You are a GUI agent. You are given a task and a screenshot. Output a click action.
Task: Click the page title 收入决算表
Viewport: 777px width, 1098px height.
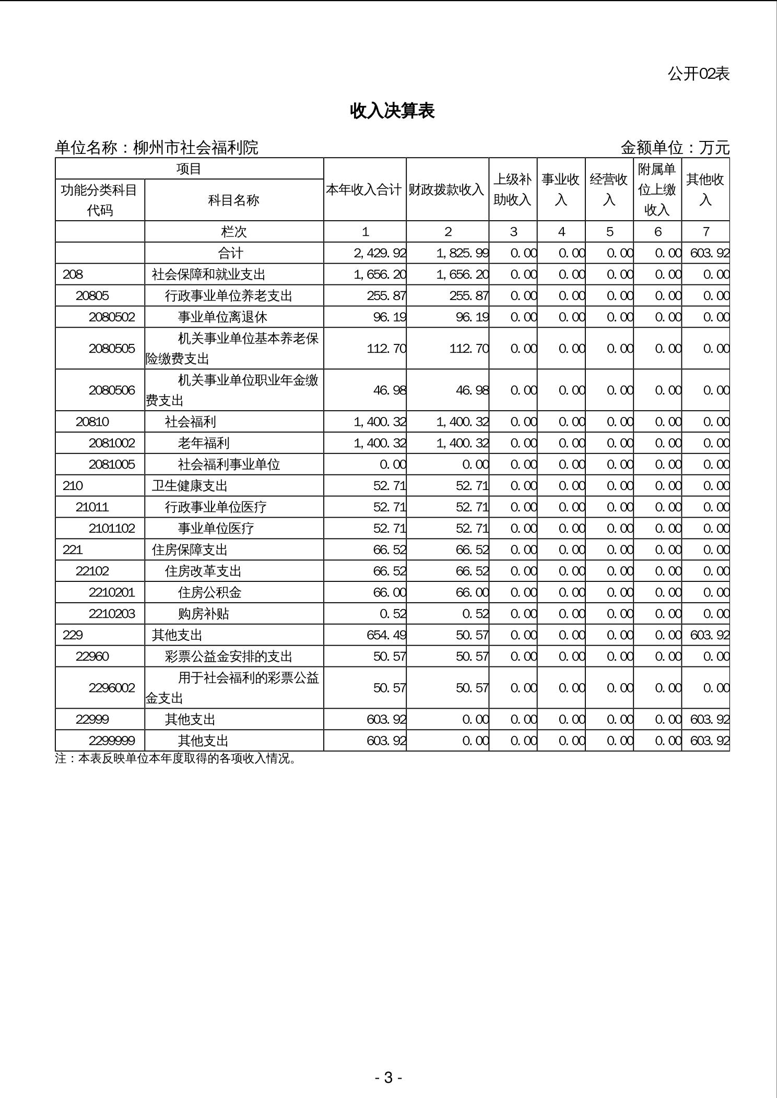click(392, 111)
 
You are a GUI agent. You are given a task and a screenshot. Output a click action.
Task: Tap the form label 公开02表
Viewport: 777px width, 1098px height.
click(698, 74)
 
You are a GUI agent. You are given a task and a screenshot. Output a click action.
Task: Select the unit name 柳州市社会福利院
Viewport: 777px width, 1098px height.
click(196, 148)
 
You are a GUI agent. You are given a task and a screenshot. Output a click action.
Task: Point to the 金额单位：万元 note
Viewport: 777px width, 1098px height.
click(675, 148)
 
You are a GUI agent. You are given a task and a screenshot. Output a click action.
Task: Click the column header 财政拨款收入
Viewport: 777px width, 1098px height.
click(446, 190)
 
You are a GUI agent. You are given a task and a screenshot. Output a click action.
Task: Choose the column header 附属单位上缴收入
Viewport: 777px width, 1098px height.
click(657, 189)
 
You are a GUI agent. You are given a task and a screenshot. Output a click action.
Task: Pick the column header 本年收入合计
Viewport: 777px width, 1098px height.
click(364, 190)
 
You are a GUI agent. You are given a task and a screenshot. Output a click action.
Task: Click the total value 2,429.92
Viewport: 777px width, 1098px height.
click(380, 254)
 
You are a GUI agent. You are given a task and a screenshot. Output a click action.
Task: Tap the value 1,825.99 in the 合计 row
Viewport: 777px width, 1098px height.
click(463, 254)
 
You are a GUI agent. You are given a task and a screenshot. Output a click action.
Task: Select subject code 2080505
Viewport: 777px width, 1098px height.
click(112, 349)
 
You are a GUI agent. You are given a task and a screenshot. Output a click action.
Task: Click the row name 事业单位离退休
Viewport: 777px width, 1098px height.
click(222, 317)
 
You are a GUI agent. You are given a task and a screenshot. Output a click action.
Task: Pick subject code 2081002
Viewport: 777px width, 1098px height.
click(112, 444)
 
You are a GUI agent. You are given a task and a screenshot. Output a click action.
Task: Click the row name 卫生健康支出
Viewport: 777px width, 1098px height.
click(190, 486)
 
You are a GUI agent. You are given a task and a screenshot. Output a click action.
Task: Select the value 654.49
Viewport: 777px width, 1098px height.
click(386, 635)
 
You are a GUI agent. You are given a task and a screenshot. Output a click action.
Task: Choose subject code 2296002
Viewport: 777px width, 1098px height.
click(112, 688)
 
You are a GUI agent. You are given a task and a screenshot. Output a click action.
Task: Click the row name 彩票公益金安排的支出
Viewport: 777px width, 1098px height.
click(229, 657)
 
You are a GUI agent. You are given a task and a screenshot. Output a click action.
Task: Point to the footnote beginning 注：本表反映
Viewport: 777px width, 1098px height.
click(175, 759)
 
